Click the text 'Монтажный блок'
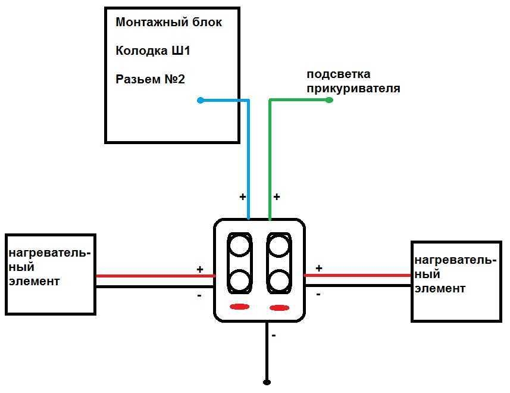(168, 23)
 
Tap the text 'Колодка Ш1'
(152, 51)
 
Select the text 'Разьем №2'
(150, 79)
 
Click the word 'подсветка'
(338, 74)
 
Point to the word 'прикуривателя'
(353, 89)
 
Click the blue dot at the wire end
(201, 101)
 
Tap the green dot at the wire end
(330, 101)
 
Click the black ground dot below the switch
(267, 381)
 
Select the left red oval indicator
(239, 307)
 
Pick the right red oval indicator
(279, 307)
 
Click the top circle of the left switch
(239, 244)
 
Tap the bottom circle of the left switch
(239, 280)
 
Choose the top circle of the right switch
(279, 244)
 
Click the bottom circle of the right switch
(279, 280)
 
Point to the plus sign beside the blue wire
(242, 196)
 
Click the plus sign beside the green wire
(276, 196)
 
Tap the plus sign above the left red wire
(200, 270)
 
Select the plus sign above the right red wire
(319, 269)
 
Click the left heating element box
(50, 274)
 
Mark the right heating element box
(456, 281)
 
